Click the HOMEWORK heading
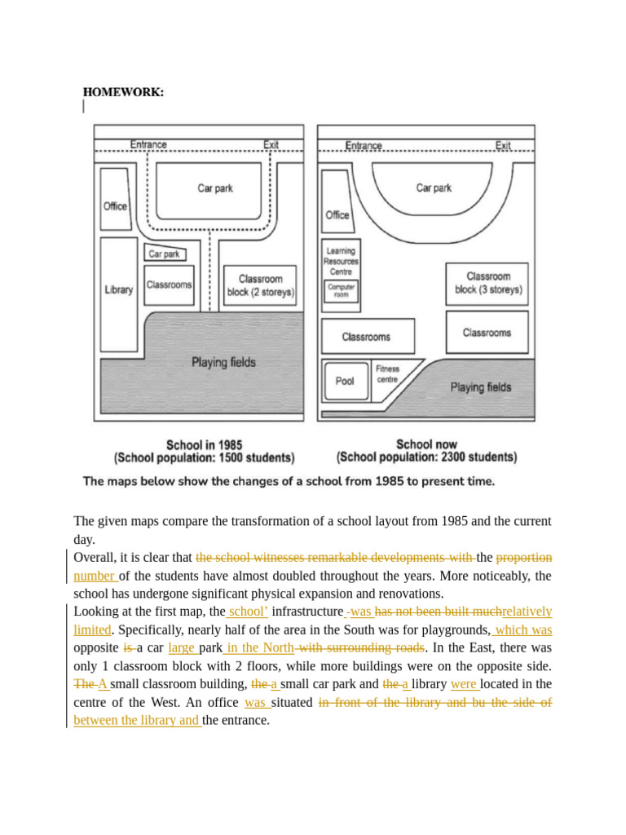123,92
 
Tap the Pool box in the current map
345,381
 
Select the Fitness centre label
388,374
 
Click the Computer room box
341,291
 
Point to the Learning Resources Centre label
341,261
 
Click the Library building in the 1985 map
119,289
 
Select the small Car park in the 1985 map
165,254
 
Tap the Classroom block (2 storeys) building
260,285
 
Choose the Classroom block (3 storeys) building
487,283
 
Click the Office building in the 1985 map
115,205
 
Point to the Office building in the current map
337,214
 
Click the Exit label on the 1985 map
271,144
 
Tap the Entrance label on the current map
363,145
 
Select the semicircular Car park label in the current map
434,188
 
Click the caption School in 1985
204,445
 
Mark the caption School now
426,444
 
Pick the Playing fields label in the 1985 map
223,362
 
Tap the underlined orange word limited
92,630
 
